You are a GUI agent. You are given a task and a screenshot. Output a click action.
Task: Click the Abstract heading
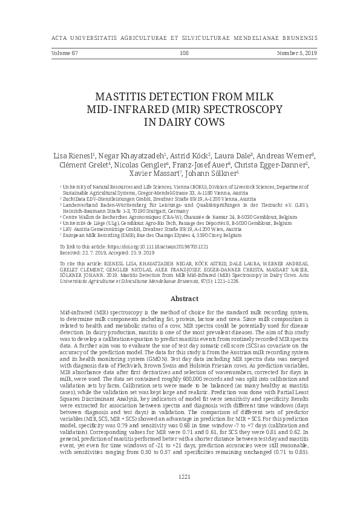[185, 299]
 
